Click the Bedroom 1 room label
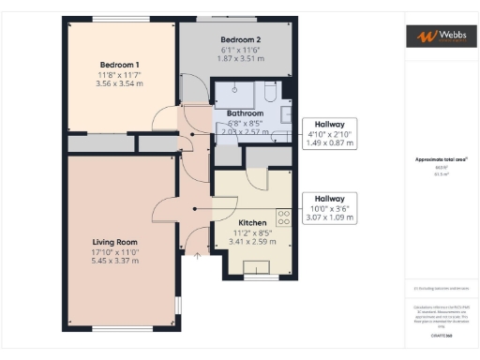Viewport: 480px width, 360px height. [x=119, y=65]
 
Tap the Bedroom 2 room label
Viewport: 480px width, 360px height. [x=240, y=39]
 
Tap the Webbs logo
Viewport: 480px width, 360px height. [x=438, y=36]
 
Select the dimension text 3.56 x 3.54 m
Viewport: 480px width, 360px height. [x=119, y=83]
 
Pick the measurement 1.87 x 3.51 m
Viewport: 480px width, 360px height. [x=240, y=57]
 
